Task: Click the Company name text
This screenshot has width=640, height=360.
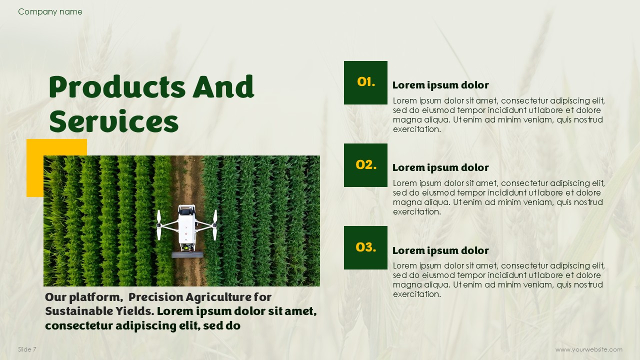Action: (x=50, y=11)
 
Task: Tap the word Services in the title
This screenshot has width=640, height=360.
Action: (x=114, y=121)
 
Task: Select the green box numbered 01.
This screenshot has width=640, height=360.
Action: (x=365, y=82)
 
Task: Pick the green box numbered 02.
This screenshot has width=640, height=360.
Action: (x=365, y=165)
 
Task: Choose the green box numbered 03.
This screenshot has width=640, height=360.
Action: (x=365, y=247)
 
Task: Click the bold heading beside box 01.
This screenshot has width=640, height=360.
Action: (x=440, y=85)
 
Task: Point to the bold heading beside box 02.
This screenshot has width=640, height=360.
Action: (x=440, y=167)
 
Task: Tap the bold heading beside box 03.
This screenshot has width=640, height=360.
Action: (x=440, y=250)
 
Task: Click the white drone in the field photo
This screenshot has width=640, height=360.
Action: (x=187, y=228)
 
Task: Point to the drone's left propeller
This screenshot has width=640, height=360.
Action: (x=159, y=225)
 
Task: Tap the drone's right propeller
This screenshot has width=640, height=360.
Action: (x=215, y=225)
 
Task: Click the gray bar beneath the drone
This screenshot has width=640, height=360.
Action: (x=187, y=255)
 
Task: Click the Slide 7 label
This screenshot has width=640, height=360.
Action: (x=27, y=349)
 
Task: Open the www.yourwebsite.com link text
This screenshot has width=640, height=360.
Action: (x=589, y=349)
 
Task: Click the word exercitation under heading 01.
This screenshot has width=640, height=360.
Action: (x=417, y=129)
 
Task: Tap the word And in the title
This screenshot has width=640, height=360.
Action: (x=223, y=87)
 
